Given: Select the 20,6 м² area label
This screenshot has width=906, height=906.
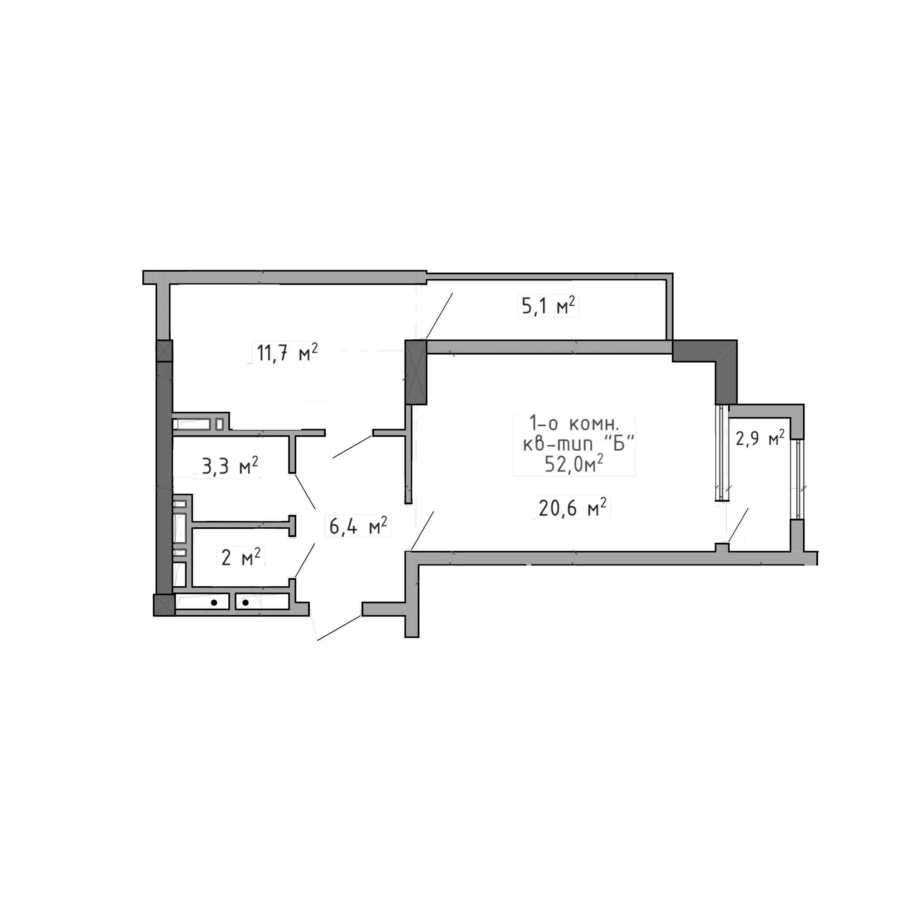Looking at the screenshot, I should pyautogui.click(x=572, y=508).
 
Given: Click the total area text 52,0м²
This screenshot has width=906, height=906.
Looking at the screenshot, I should pyautogui.click(x=573, y=465).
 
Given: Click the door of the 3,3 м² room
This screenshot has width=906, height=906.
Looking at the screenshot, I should pyautogui.click(x=304, y=493).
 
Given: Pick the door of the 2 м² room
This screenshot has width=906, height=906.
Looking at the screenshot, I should pyautogui.click(x=304, y=558).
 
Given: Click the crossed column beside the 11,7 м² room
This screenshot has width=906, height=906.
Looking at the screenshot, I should pyautogui.click(x=416, y=373).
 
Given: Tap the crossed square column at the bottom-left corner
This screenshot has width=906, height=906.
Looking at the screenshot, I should pyautogui.click(x=164, y=604).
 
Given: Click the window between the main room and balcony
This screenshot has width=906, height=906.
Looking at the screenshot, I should pyautogui.click(x=721, y=453).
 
